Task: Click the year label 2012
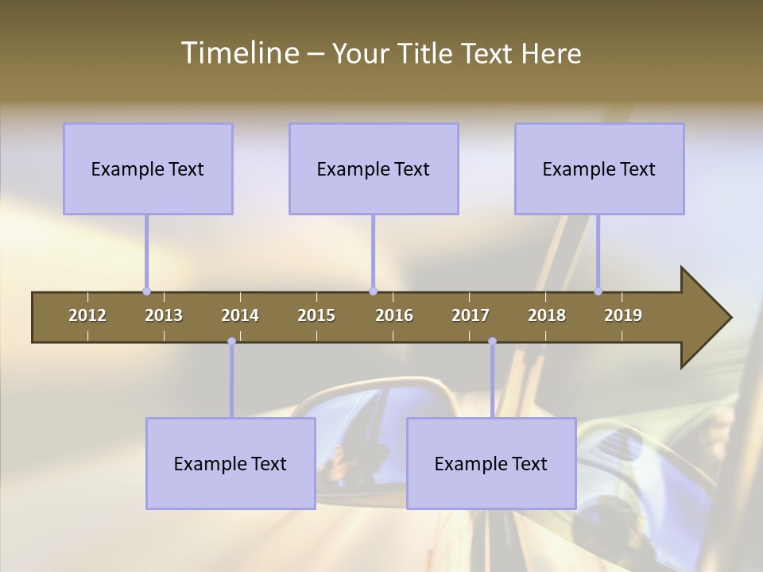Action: click(x=87, y=315)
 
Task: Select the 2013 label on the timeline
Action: click(x=164, y=315)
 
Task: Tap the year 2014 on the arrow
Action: click(x=240, y=315)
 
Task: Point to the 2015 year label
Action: click(x=316, y=315)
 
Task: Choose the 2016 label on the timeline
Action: click(x=394, y=315)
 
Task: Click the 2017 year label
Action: click(x=471, y=315)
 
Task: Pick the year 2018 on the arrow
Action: click(x=547, y=315)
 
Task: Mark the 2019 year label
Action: click(x=623, y=315)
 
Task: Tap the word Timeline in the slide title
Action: click(x=239, y=53)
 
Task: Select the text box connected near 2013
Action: click(x=148, y=168)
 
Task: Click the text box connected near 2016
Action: click(x=374, y=168)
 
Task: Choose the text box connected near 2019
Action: click(x=599, y=168)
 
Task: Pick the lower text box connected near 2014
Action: click(x=230, y=463)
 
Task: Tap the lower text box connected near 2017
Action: click(x=491, y=463)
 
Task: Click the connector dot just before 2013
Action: click(x=146, y=291)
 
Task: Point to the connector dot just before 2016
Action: click(x=373, y=291)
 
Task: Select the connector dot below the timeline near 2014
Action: click(x=231, y=342)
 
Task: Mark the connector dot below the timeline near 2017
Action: click(x=492, y=342)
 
